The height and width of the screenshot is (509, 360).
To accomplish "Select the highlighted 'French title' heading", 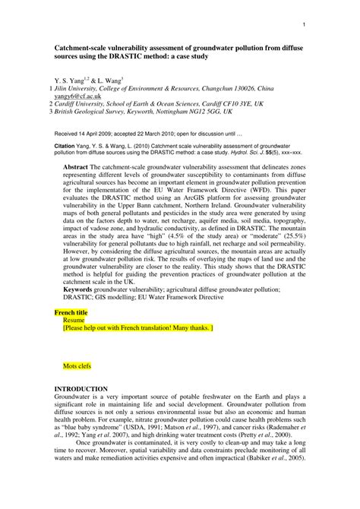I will click(x=71, y=312).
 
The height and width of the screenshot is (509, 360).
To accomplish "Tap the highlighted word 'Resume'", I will click(x=74, y=321).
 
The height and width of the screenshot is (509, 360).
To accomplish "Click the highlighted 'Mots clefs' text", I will click(x=77, y=365).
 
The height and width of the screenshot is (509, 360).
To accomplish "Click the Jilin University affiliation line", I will click(x=170, y=89).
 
